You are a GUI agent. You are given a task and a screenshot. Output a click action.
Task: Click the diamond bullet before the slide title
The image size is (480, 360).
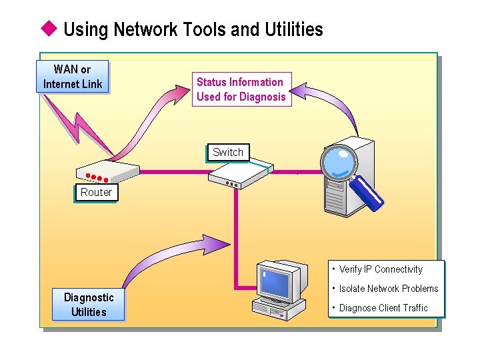pos(48,29)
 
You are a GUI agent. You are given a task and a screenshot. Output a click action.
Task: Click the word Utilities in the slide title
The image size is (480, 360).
pos(292,29)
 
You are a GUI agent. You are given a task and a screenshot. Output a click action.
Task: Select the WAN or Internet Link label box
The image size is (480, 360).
pos(73,77)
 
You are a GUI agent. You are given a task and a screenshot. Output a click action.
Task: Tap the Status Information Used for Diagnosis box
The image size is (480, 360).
pos(241,89)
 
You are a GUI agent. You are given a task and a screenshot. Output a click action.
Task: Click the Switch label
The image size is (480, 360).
pos(227,152)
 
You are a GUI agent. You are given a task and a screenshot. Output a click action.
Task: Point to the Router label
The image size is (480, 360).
pos(96,192)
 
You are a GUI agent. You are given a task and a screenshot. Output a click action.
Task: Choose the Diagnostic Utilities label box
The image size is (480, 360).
pos(89,305)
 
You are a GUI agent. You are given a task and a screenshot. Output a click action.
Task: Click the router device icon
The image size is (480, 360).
pos(99,172)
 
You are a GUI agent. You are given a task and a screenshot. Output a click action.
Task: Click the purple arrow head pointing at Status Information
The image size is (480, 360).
pos(297,90)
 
